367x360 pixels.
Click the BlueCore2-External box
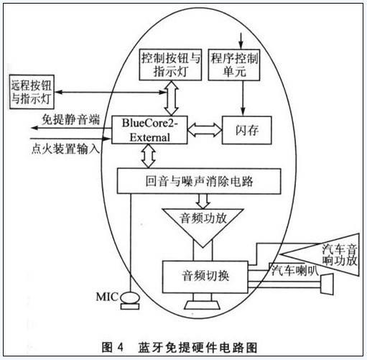click(149, 130)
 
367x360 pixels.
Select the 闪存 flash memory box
click(247, 130)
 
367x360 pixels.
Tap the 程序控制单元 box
click(234, 65)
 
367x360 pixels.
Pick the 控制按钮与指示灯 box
click(170, 65)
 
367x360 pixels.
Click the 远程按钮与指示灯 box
click(32, 92)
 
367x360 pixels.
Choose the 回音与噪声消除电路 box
click(199, 181)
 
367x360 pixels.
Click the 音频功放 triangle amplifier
click(203, 224)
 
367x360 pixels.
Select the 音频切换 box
click(205, 277)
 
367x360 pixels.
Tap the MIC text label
click(107, 297)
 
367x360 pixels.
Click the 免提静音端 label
click(71, 119)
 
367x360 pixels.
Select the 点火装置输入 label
click(65, 149)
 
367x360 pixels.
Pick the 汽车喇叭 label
click(294, 270)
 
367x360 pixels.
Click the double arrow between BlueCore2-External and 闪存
click(205, 130)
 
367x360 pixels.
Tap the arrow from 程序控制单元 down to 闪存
click(243, 98)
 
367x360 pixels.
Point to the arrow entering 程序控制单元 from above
click(241, 41)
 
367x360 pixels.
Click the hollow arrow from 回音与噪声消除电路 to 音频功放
click(203, 201)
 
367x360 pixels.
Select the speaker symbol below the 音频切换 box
click(203, 305)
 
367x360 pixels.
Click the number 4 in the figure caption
click(120, 347)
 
